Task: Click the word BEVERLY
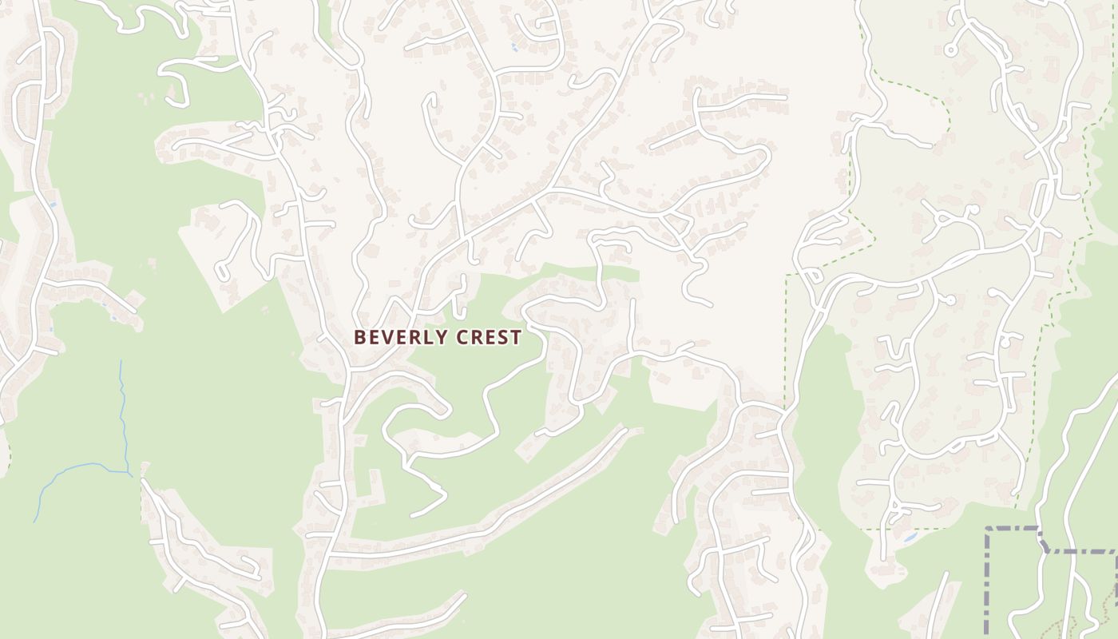pos(402,337)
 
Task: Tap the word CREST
pos(489,337)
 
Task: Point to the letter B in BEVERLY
pos(359,337)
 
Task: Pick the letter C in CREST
pos(462,337)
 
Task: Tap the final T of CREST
pos(516,337)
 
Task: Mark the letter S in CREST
pos(503,337)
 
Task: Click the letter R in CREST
pos(477,337)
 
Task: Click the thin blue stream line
pos(125,415)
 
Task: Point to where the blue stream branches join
pos(129,473)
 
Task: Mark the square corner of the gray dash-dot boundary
pos(988,529)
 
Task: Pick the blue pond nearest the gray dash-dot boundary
pos(910,538)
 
